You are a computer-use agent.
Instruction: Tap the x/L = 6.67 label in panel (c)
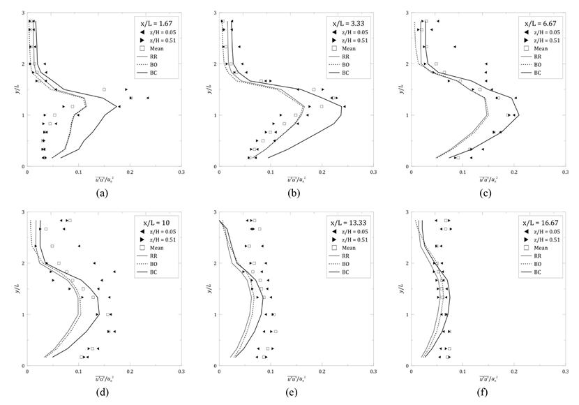[540, 22]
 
